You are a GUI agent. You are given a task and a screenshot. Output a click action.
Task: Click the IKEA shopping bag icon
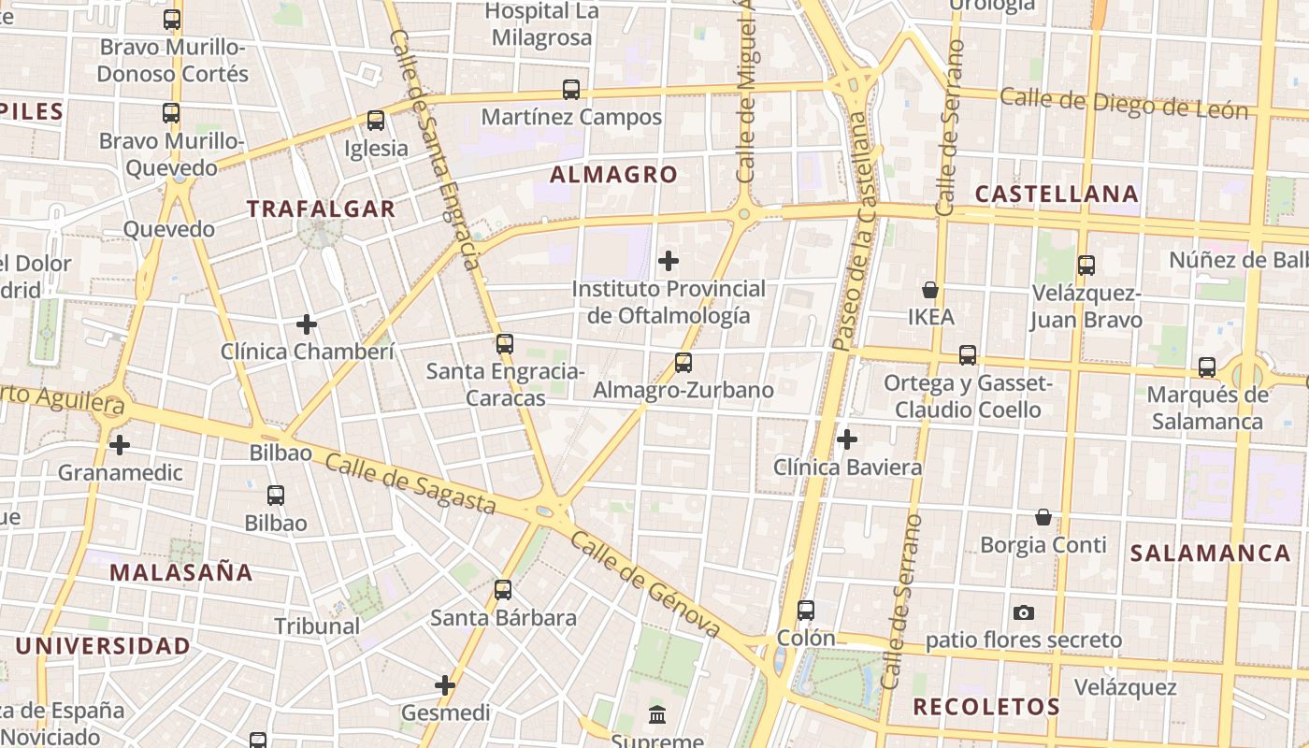tap(930, 290)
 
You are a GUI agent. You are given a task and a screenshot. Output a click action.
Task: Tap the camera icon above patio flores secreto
tap(1024, 613)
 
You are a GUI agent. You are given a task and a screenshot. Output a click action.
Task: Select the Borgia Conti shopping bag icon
tap(1043, 517)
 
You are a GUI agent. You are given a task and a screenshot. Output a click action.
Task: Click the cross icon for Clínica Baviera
tap(847, 439)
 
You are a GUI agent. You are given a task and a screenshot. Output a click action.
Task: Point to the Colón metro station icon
tap(806, 611)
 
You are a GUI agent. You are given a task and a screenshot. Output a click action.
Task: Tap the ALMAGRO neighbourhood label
tap(613, 175)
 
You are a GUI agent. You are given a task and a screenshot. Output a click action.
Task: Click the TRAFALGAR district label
tap(321, 209)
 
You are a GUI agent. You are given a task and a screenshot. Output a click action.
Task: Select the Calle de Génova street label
tap(645, 584)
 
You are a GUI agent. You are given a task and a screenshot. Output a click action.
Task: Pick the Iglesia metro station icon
tap(376, 121)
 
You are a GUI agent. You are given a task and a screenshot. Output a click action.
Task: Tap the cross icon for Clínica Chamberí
tap(307, 324)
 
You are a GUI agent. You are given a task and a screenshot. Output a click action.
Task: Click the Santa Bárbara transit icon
tap(503, 590)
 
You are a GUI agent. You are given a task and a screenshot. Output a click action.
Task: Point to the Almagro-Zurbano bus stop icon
tap(683, 363)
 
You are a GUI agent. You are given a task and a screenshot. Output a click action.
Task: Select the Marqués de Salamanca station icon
tap(1207, 367)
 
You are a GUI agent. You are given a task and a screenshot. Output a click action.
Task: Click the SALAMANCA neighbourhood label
tap(1210, 553)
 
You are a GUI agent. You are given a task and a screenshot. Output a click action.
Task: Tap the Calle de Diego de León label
tap(1124, 103)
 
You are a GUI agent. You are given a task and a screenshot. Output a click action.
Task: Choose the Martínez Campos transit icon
tap(571, 90)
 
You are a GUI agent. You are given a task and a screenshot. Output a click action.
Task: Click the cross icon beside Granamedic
tap(120, 445)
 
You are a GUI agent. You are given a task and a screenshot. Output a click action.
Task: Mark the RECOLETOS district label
tap(986, 707)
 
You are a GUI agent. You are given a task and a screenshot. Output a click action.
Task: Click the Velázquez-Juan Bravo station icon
tap(1086, 266)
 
